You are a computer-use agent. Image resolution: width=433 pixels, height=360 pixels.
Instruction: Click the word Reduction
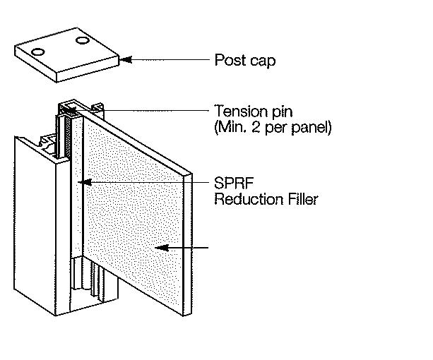coord(246,199)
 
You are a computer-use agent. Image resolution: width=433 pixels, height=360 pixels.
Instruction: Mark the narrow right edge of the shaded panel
coord(187,240)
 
